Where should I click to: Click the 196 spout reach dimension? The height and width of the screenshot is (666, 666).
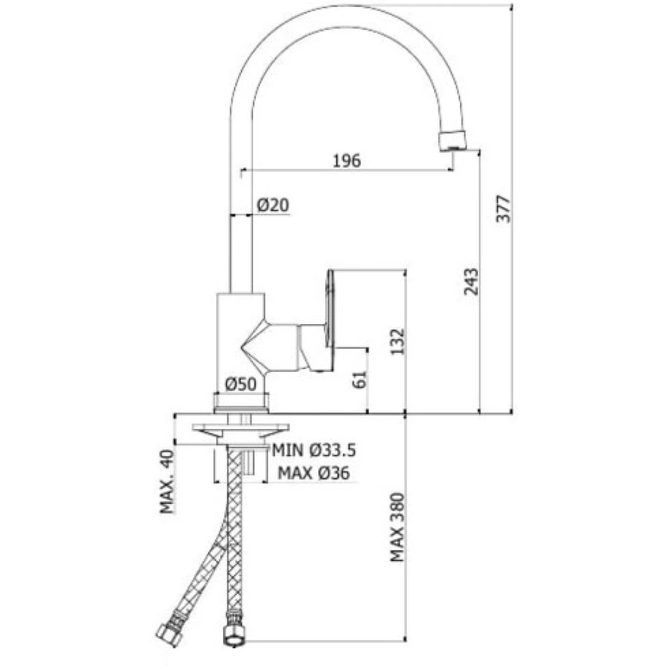coord(346,161)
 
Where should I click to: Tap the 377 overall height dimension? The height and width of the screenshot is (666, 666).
coord(503,209)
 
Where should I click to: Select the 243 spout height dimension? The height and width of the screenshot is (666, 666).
coord(471,281)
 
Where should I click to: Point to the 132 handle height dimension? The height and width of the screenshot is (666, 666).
coord(397,341)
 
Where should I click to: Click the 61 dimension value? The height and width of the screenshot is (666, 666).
coord(360,380)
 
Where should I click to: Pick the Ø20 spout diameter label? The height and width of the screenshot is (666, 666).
coord(273,205)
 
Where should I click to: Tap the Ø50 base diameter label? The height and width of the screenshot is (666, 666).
coord(241,384)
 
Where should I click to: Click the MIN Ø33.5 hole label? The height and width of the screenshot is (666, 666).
coord(314,451)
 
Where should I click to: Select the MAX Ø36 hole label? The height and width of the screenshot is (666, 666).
coord(314,473)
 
